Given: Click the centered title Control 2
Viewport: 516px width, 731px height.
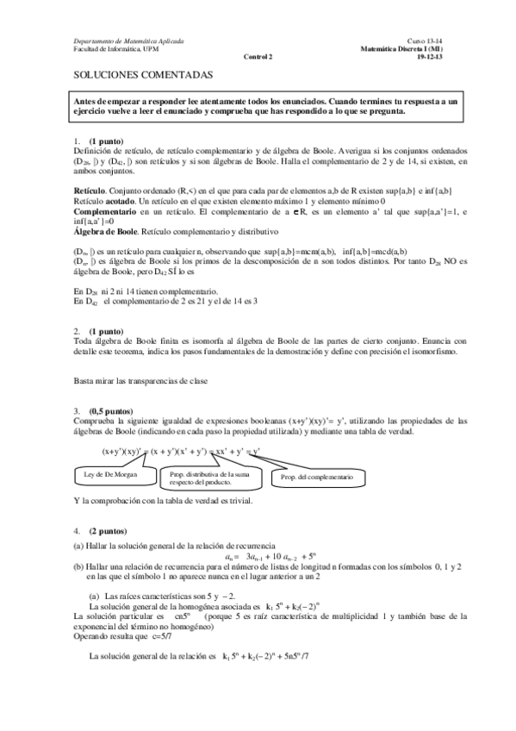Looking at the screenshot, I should pyautogui.click(x=258, y=57).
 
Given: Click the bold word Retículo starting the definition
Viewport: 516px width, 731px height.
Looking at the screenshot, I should pyautogui.click(x=90, y=189).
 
